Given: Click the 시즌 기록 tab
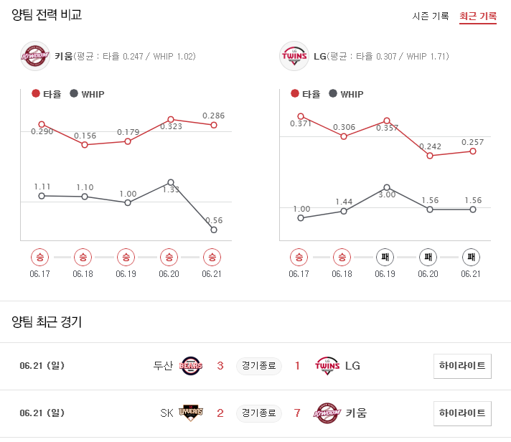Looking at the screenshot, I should pos(431,16).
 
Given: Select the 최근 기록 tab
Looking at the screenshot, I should pos(478,16).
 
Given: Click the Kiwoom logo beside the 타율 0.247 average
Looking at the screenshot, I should pos(35,55).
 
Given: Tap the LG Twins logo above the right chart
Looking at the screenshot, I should pos(294,55).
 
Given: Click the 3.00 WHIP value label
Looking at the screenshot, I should pos(388,194).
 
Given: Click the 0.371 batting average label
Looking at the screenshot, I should pos(301,124).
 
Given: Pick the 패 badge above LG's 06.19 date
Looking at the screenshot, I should pos(385,256).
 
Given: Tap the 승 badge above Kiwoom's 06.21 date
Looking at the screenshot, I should pos(212,256).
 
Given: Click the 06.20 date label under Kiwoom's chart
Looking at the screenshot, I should pos(169,274).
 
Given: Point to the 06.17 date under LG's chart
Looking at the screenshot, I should pos(299,274).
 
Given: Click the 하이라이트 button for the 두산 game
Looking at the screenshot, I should pos(462,366).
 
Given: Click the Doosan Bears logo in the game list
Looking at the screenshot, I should pos(192,366).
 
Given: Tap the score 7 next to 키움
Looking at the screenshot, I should pos(297,413).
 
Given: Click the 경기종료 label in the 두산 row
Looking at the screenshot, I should pos(258,366).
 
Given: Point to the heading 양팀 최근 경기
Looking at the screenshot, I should pos(47,321).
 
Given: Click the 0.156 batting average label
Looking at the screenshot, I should pos(85,136).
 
